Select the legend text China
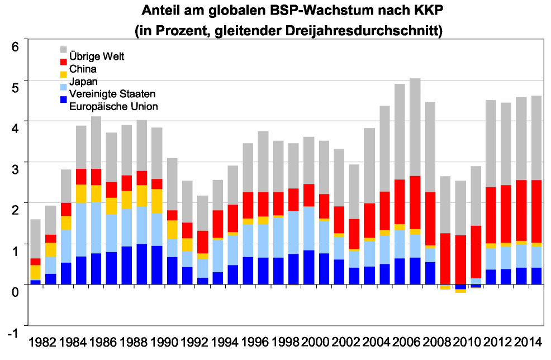83,69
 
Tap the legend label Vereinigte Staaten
112,94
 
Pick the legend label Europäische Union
113,106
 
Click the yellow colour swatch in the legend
63,74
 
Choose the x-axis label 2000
316,342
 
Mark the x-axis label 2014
528,342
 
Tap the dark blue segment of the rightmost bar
536,276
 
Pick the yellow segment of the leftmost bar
35,272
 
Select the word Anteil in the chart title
160,10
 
